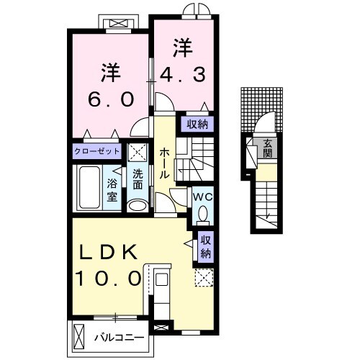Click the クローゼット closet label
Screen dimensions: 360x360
point(96,152)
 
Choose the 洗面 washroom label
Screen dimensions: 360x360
point(138,180)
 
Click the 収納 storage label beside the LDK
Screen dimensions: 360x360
point(206,247)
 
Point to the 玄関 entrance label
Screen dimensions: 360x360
point(268,148)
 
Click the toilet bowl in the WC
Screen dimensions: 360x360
point(203,214)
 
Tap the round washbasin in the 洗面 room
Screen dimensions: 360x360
point(137,205)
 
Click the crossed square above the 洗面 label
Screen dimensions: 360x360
point(137,152)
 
